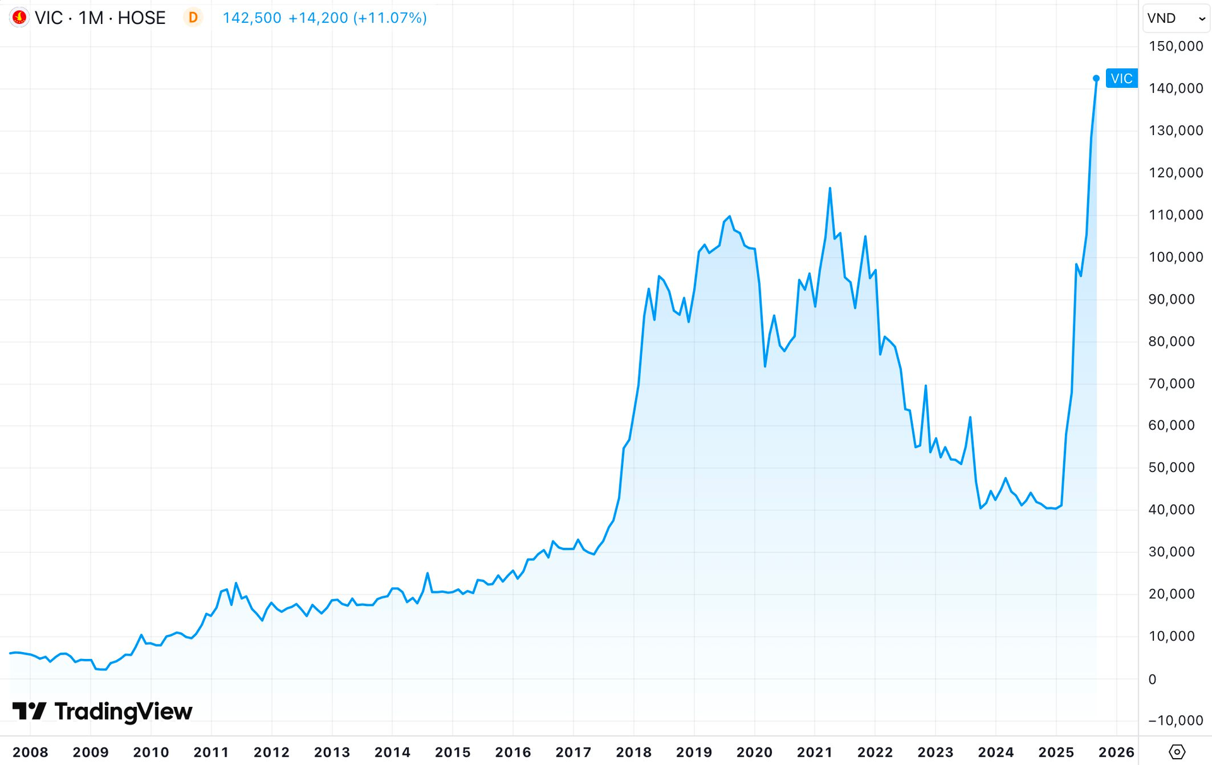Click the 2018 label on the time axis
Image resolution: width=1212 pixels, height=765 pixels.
coord(633,752)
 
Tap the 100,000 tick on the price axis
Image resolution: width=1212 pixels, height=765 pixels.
coord(1175,257)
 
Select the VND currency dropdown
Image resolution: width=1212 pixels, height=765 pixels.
coord(1175,18)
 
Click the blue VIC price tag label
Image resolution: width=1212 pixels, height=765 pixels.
coord(1121,78)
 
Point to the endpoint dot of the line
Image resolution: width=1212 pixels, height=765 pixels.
coord(1096,78)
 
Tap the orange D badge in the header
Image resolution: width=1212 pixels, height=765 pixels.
coord(193,18)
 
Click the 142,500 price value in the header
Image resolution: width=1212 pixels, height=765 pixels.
coord(252,18)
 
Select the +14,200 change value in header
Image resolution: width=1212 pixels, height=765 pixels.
coord(318,18)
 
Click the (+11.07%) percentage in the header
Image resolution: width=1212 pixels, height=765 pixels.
coord(390,18)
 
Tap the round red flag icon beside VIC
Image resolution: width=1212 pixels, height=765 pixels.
coord(19,18)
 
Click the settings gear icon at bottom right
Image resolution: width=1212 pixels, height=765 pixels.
coord(1177,752)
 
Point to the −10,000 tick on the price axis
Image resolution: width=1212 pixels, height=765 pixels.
coord(1175,720)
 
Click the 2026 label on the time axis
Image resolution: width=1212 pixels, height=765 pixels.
coord(1116,752)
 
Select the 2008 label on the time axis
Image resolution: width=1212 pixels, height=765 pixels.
coord(30,752)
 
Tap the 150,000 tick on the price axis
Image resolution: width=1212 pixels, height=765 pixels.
coord(1175,46)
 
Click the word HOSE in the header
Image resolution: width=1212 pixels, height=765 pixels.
coord(141,18)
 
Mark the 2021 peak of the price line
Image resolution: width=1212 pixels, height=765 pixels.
coord(829,188)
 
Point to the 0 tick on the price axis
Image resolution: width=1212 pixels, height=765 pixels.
coord(1152,679)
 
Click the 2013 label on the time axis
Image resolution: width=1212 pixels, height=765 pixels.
coord(332,752)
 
